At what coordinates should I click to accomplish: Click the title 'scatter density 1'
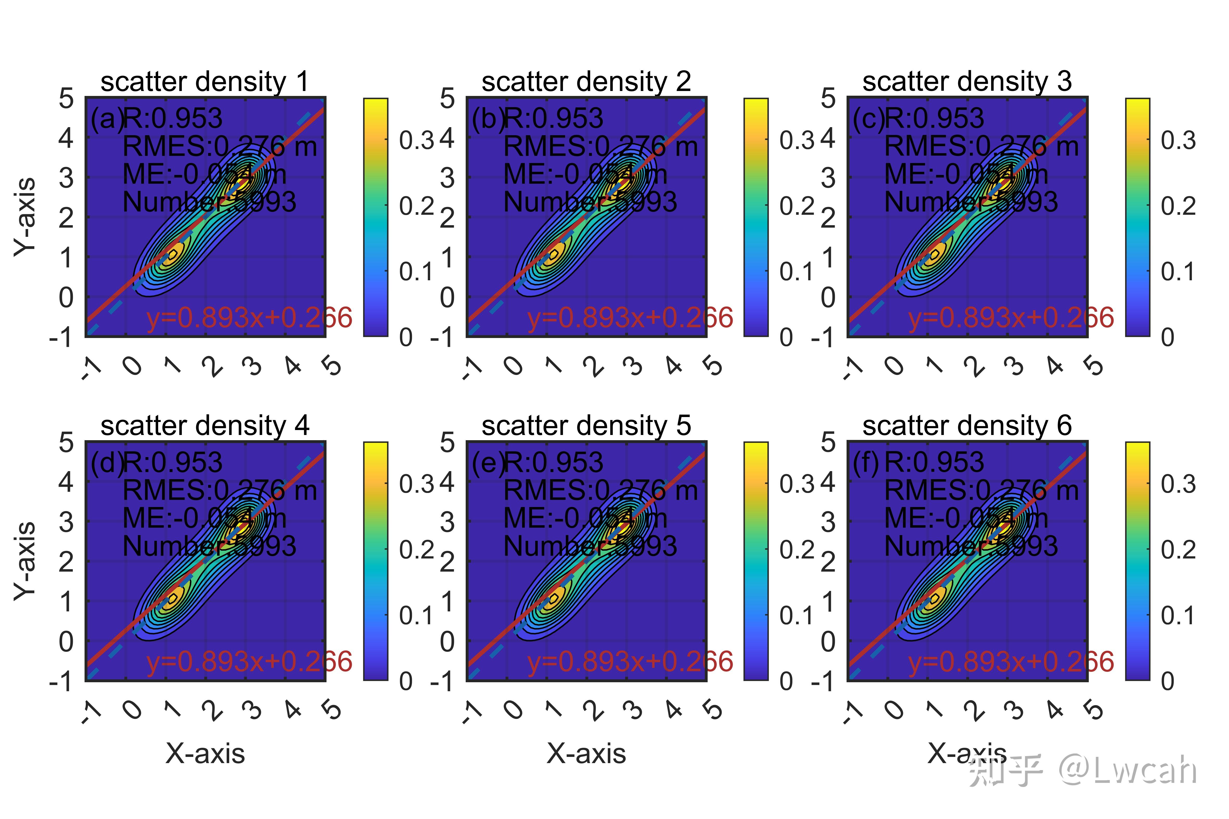click(205, 82)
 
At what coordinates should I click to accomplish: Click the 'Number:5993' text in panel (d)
click(209, 546)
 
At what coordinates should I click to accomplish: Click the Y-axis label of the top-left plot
click(25, 217)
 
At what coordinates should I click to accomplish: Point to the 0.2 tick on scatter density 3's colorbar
click(1178, 206)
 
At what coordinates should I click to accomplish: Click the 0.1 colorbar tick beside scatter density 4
click(417, 615)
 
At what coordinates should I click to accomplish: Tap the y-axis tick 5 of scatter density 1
click(66, 99)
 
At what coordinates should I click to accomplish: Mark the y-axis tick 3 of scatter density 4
click(66, 522)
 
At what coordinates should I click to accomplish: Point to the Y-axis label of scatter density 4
click(25, 561)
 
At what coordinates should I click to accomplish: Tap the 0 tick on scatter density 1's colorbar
click(406, 337)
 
